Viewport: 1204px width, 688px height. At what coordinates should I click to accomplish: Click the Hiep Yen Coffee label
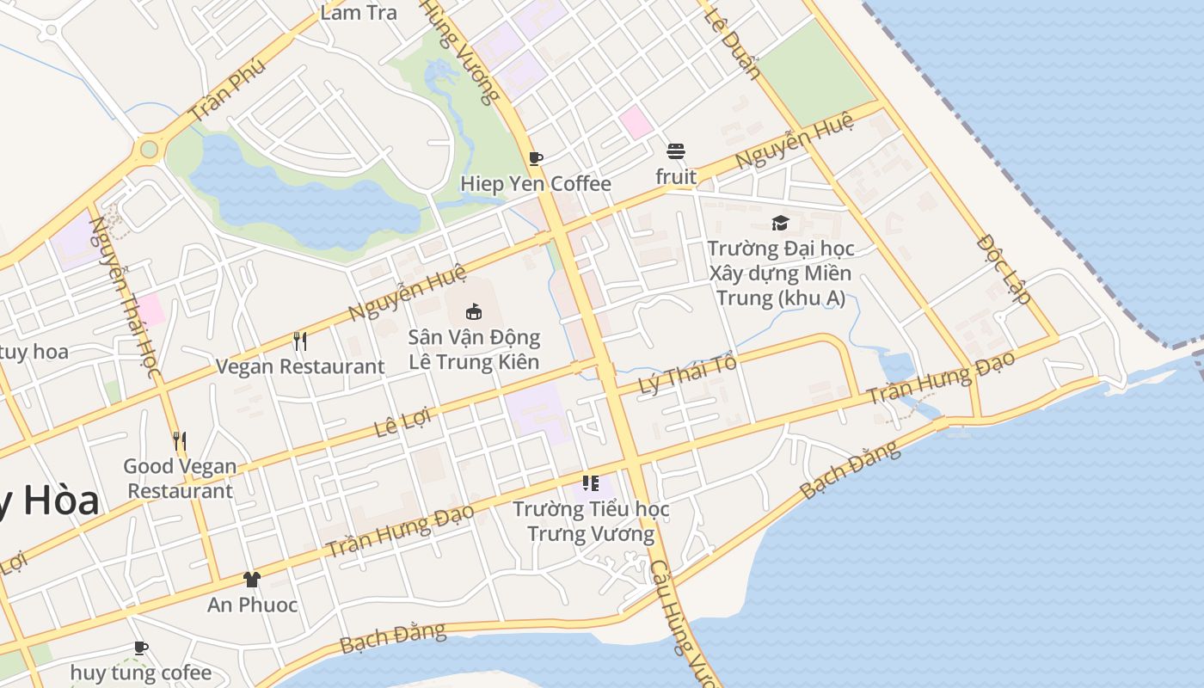pos(536,183)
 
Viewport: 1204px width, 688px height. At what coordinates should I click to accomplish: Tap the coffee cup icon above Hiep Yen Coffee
pos(536,158)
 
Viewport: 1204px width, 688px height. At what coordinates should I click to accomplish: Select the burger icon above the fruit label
pos(676,152)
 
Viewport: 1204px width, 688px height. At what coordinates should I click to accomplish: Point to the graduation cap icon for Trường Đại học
pos(780,224)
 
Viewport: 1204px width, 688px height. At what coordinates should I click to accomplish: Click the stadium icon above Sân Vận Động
pos(474,311)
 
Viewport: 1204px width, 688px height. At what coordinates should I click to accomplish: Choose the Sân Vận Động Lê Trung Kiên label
pos(474,349)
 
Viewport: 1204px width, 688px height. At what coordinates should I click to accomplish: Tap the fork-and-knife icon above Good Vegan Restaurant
pos(180,441)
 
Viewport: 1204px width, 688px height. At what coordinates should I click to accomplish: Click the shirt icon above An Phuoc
pos(251,580)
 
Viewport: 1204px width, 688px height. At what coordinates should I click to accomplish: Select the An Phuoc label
pos(252,605)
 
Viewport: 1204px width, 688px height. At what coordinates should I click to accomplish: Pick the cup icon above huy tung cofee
pos(141,648)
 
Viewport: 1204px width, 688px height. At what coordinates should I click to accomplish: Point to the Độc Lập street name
pos(1004,268)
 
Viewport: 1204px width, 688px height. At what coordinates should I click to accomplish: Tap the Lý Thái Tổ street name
pos(688,375)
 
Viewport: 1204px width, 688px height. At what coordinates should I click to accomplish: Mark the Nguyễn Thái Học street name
pos(126,297)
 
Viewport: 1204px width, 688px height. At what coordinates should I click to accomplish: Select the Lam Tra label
pos(359,12)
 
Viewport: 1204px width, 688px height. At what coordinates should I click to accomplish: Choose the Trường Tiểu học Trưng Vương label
pos(591,521)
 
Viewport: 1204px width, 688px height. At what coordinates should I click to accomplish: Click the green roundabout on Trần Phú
pos(150,150)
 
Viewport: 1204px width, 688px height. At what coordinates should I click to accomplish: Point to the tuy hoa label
pos(34,352)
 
